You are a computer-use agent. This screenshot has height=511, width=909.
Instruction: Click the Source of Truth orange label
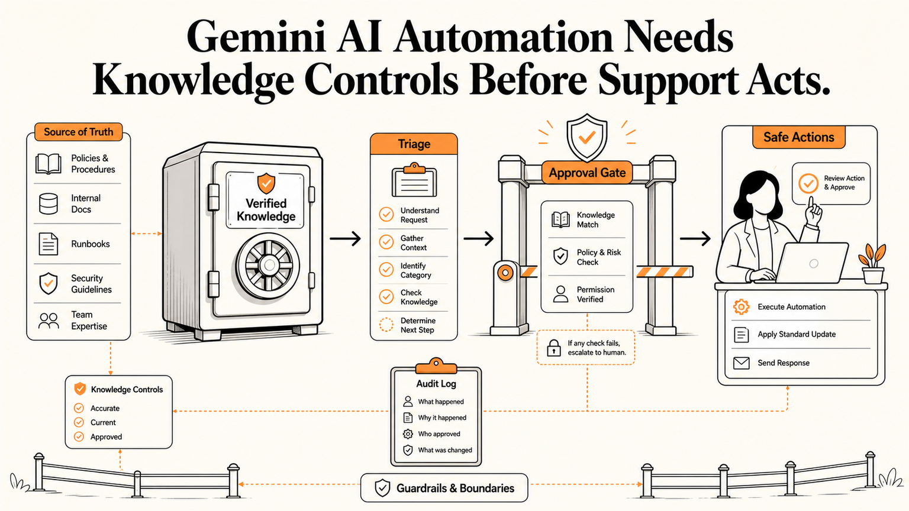click(78, 132)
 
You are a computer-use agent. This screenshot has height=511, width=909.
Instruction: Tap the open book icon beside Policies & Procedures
click(49, 163)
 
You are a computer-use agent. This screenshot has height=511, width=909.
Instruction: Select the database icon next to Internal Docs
click(49, 203)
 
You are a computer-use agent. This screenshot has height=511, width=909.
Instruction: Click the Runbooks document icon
click(49, 244)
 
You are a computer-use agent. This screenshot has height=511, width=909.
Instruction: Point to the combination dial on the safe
click(268, 265)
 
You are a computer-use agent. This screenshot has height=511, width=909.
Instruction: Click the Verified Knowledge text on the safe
click(266, 210)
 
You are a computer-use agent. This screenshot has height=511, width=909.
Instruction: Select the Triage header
click(414, 144)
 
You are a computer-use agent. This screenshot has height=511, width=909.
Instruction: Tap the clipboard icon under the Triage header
click(414, 180)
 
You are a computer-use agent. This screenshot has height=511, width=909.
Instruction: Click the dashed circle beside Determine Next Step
click(386, 325)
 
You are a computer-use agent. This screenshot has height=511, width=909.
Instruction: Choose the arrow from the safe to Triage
click(346, 238)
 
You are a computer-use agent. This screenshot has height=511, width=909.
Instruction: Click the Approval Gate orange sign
click(587, 173)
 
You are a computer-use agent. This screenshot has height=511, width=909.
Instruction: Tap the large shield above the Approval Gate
click(587, 137)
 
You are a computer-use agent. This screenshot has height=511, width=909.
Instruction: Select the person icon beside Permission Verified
click(561, 294)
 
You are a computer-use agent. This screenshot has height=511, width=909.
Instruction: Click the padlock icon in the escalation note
click(553, 348)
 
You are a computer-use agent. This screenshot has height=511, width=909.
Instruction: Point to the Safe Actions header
click(798, 137)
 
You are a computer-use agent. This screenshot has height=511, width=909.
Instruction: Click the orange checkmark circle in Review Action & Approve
click(808, 183)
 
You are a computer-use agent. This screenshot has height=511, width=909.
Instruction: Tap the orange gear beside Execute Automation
click(742, 307)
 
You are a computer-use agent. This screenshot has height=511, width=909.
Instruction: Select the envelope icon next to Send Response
click(742, 363)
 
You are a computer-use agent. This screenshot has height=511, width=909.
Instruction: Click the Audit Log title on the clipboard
click(436, 384)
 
